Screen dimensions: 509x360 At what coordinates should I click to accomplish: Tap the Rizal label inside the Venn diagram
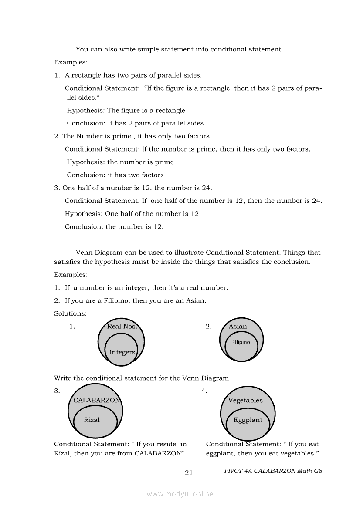[92, 420]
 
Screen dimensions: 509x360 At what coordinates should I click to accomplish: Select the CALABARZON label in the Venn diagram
[96, 401]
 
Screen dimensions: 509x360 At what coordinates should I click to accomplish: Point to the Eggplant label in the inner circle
[248, 420]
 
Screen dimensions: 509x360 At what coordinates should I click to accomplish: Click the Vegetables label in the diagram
[245, 401]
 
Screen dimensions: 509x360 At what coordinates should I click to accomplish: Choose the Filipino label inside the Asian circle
[241, 342]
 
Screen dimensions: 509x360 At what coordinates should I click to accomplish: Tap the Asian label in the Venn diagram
[238, 327]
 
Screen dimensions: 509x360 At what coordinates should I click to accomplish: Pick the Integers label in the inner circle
[122, 352]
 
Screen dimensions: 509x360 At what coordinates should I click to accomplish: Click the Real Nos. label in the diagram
[122, 327]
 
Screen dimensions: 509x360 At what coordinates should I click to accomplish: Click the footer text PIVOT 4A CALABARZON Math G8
[273, 471]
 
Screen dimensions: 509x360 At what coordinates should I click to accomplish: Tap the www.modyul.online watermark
[180, 494]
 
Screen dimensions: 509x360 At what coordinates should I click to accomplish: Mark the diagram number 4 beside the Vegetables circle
[204, 391]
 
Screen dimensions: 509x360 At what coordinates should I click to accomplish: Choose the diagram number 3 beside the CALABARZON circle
[57, 391]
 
